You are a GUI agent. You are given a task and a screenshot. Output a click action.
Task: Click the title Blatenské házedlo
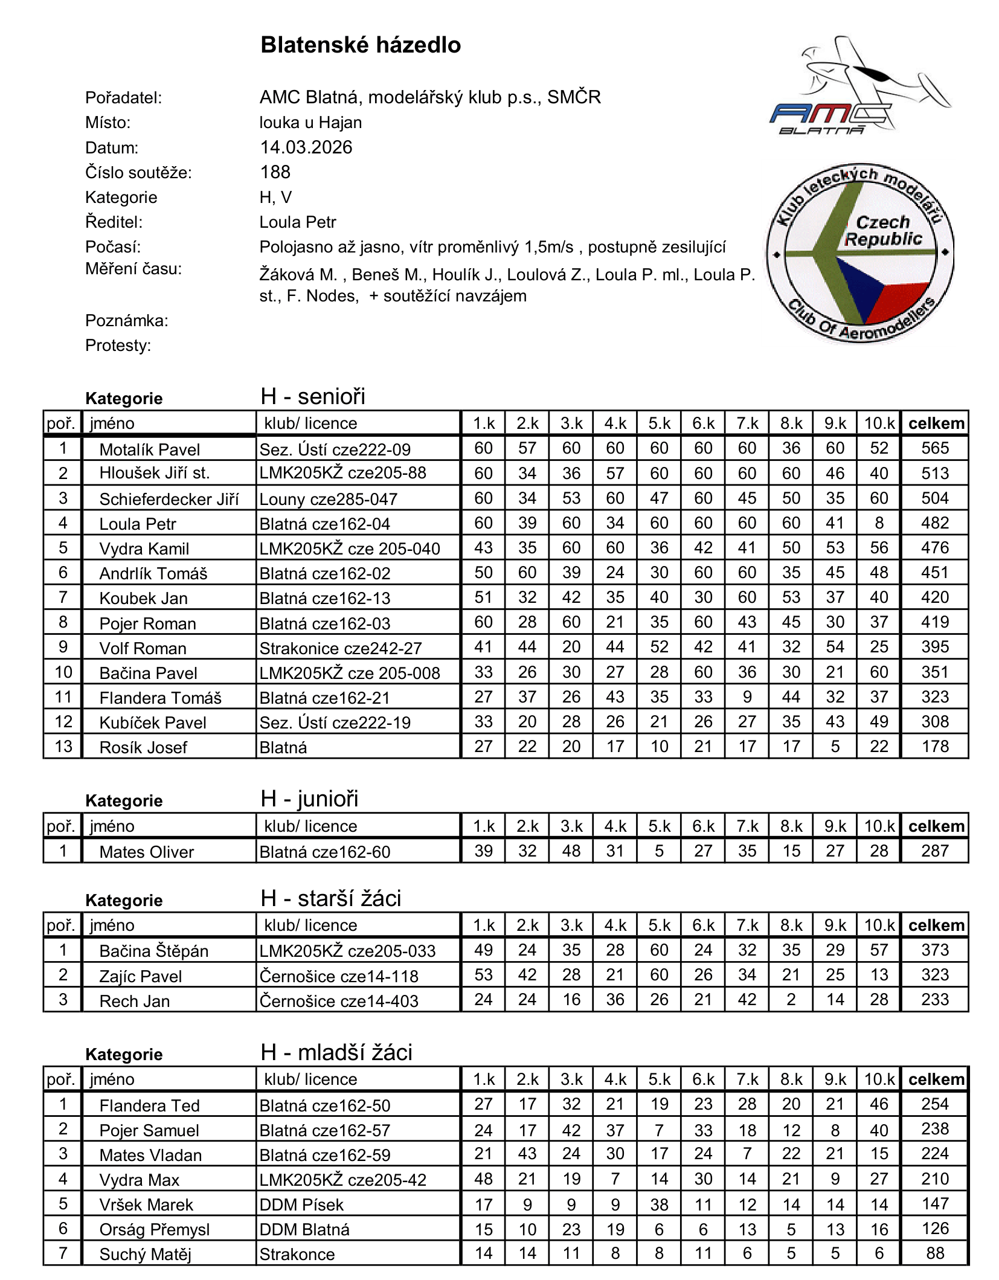(x=361, y=45)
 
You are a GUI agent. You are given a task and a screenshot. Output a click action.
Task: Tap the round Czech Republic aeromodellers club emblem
(x=859, y=253)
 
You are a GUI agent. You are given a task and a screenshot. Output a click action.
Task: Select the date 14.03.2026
(x=306, y=147)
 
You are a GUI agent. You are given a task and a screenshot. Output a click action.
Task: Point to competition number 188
(x=275, y=172)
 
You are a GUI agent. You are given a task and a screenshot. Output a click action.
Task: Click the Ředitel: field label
(x=114, y=222)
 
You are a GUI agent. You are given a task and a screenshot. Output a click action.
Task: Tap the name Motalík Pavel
(x=150, y=449)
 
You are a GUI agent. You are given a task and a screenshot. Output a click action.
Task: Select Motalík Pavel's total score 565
(x=935, y=448)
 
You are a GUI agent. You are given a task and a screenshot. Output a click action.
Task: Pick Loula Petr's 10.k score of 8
(x=879, y=523)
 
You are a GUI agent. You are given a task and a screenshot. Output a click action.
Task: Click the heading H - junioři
(x=310, y=799)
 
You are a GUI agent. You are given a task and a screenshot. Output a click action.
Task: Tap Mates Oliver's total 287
(x=935, y=851)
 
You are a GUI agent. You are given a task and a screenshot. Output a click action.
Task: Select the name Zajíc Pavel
(x=141, y=976)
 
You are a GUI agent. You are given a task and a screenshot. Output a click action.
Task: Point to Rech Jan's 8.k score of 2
(x=791, y=1000)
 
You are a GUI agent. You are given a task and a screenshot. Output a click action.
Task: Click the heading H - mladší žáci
(x=336, y=1052)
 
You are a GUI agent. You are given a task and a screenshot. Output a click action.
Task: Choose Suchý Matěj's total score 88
(x=935, y=1253)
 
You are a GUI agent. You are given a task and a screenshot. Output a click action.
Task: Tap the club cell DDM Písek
(x=301, y=1204)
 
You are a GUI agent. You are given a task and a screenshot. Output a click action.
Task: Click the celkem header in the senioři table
(x=936, y=423)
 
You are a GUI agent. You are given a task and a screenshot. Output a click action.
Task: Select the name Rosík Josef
(x=144, y=747)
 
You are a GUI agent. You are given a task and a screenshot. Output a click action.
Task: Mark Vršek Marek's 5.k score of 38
(x=659, y=1204)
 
